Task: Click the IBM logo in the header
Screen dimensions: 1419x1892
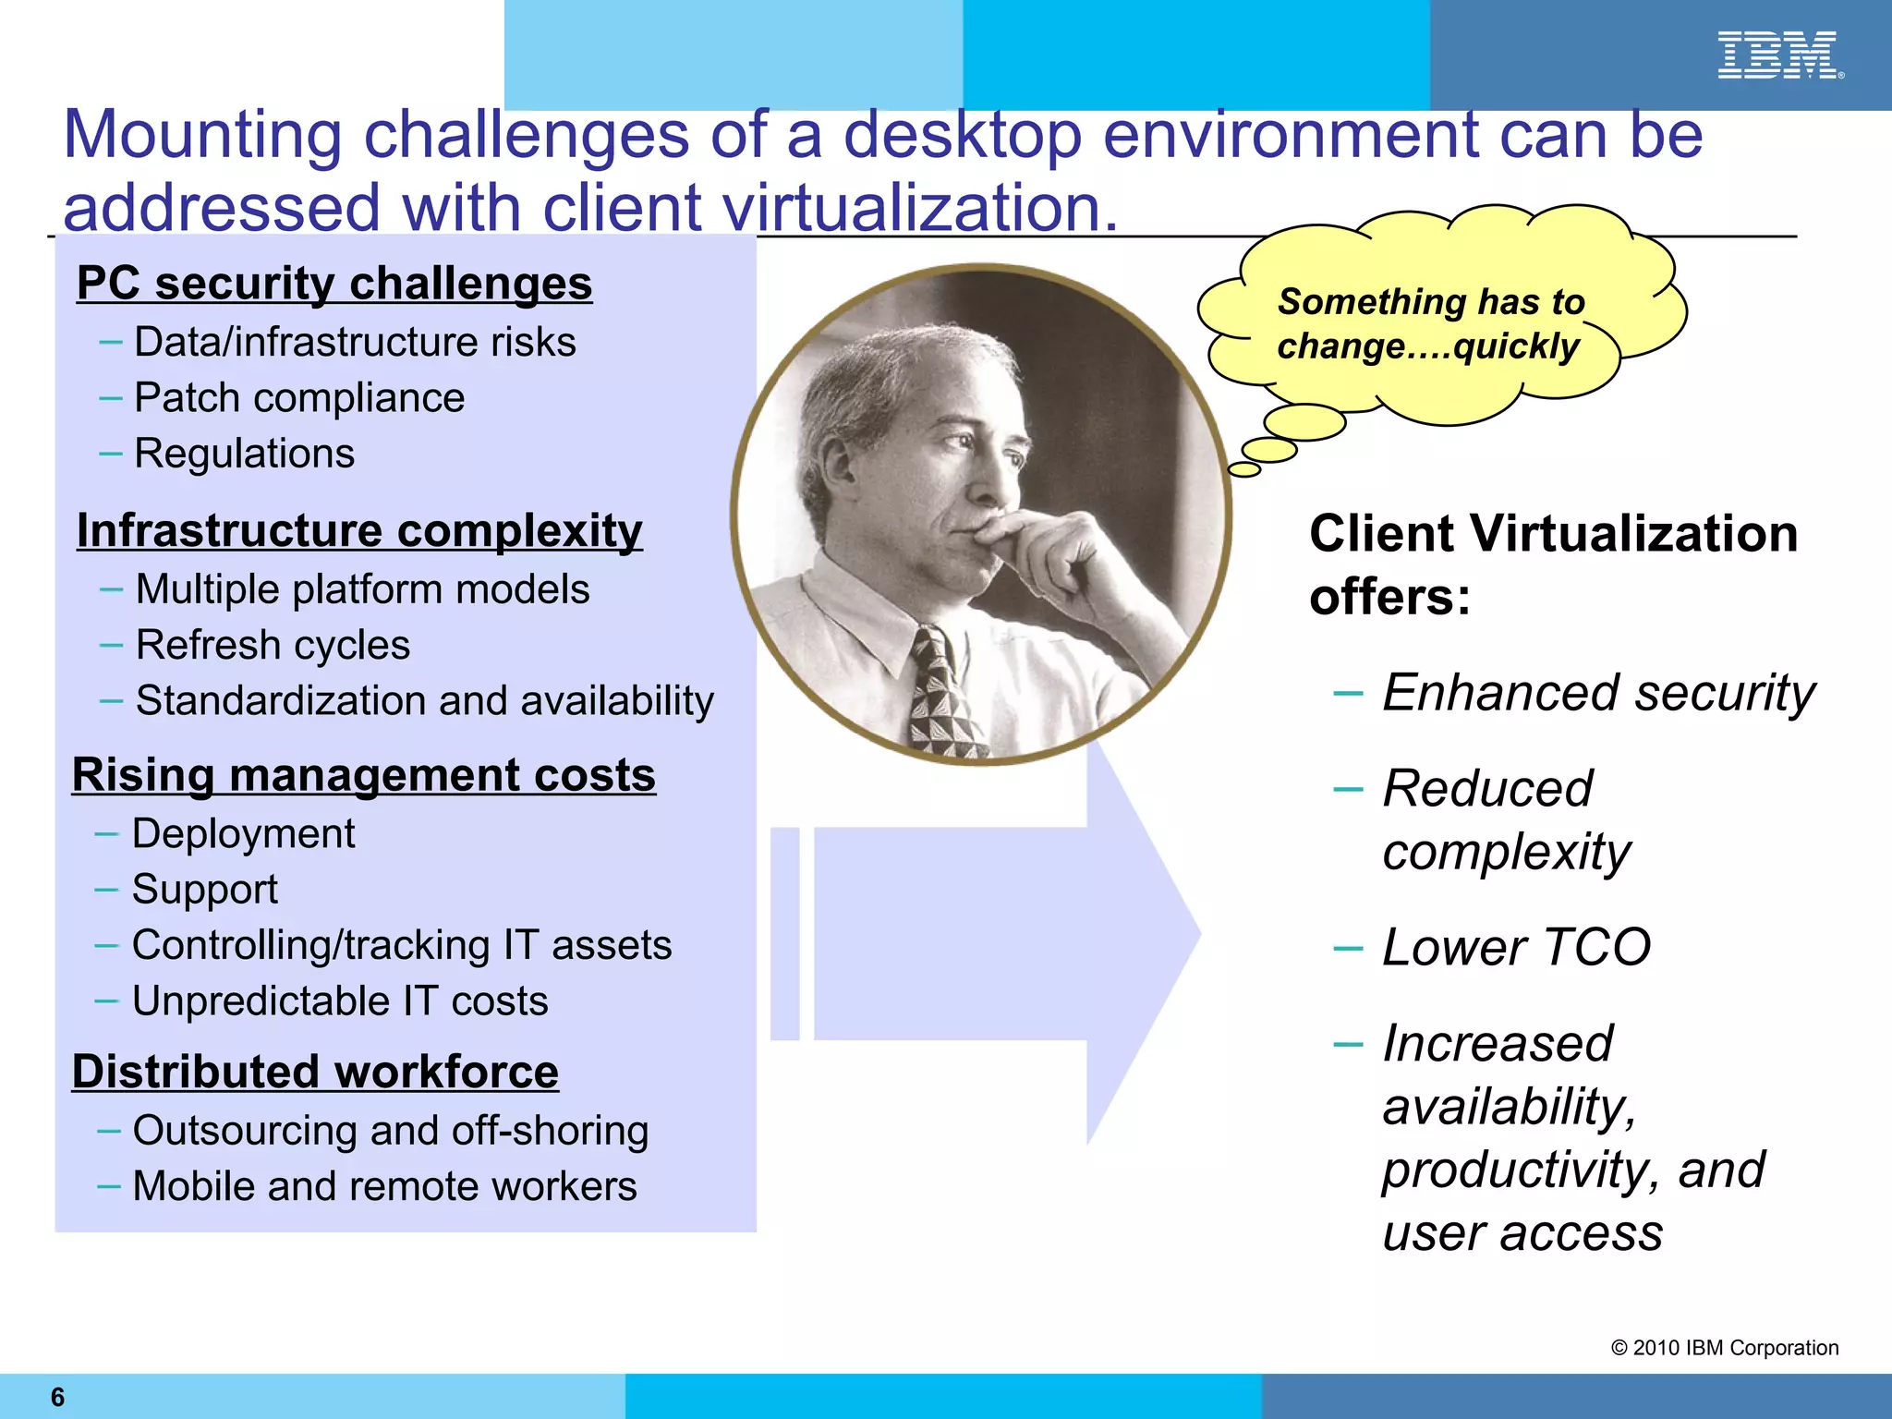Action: click(1778, 55)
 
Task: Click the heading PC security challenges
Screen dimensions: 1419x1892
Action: click(334, 284)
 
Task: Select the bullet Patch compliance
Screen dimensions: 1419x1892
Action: click(298, 398)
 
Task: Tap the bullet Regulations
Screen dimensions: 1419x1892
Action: click(244, 454)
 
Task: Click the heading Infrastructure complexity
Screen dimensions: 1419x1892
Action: click(359, 531)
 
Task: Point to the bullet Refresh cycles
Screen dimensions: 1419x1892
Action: click(273, 645)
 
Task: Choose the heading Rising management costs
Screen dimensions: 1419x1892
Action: click(363, 775)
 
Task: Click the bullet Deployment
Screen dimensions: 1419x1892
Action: click(243, 834)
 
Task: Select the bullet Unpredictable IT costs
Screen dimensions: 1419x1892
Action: click(339, 1001)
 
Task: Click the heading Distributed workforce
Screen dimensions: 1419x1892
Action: click(315, 1073)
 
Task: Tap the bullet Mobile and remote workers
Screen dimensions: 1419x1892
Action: click(384, 1187)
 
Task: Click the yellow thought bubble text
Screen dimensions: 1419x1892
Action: click(1430, 324)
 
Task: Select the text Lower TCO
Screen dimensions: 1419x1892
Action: click(1515, 948)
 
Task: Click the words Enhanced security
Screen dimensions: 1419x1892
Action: click(1597, 693)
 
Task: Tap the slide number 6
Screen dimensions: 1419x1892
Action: click(57, 1397)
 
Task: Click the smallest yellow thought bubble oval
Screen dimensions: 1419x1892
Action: click(1244, 470)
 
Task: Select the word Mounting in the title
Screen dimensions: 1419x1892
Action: click(202, 136)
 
